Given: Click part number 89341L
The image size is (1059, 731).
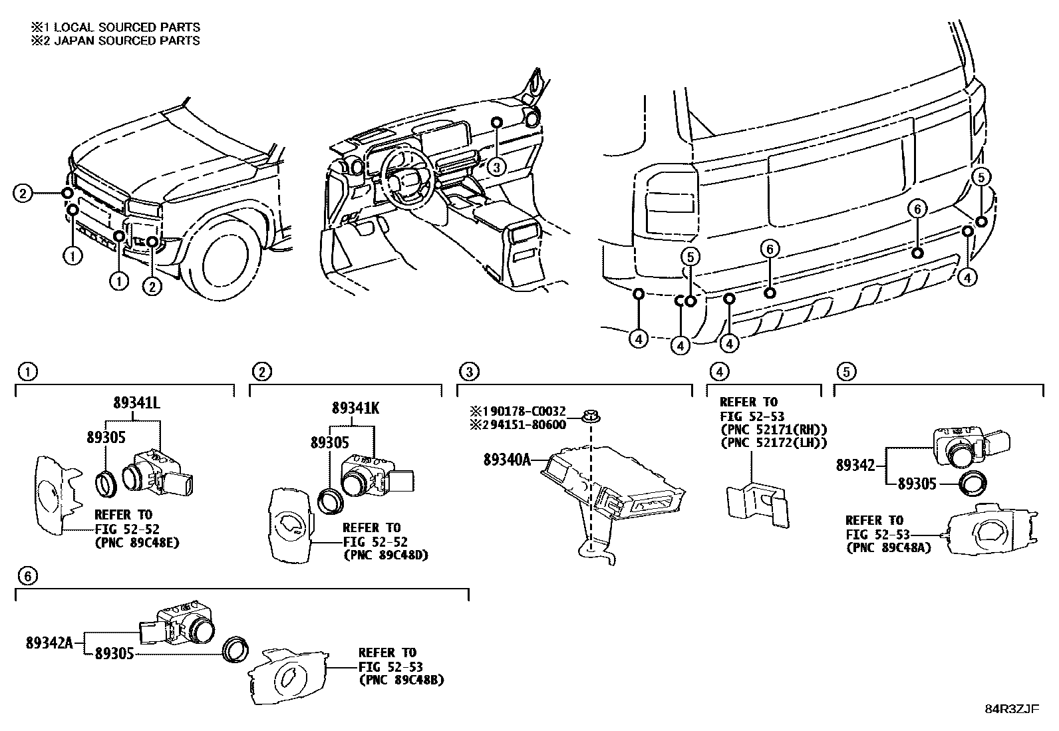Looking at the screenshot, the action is [136, 402].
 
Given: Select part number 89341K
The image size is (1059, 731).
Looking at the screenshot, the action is [355, 408].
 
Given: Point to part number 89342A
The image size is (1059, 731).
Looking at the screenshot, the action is [50, 643].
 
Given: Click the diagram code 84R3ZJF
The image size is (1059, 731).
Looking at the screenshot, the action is [1012, 709].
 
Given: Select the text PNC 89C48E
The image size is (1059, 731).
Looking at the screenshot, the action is [138, 542].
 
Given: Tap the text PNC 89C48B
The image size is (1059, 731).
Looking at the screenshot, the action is [401, 680].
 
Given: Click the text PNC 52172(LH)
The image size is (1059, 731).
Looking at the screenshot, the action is [774, 442].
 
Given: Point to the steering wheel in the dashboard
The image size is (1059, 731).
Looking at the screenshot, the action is [408, 182].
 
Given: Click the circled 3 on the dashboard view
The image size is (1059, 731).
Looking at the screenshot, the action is [496, 167].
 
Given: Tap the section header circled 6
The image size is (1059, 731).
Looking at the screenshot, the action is [27, 576].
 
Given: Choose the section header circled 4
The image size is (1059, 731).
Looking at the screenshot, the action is [719, 372].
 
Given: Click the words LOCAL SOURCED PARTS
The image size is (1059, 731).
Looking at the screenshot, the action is [126, 27].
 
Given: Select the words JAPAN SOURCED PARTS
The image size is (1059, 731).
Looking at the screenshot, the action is [126, 41].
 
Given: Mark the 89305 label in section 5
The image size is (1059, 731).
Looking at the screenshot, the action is [917, 484].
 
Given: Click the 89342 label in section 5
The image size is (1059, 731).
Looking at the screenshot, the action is [855, 465].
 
